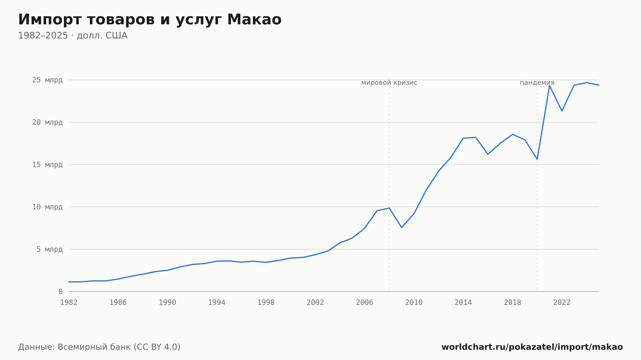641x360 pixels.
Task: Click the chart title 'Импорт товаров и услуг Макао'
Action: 150,20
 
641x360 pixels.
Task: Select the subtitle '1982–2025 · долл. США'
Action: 73,36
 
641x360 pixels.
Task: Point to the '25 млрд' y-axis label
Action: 47,80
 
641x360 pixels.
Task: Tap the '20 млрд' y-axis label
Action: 47,122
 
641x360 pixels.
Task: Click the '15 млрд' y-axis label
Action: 47,165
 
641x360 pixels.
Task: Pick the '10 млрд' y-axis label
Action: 47,207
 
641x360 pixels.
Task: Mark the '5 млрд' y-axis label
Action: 49,249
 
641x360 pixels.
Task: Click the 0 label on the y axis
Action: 61,291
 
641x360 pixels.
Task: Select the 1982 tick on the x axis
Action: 69,303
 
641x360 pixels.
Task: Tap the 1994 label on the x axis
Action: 217,303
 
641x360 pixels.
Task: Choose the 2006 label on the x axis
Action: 365,303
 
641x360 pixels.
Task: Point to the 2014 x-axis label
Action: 463,303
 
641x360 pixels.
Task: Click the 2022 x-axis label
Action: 562,303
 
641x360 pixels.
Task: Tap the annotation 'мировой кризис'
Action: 389,83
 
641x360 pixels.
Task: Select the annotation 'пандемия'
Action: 537,83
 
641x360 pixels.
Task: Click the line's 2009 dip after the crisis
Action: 402,227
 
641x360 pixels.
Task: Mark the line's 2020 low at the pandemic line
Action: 537,159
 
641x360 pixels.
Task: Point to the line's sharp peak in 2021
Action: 549,86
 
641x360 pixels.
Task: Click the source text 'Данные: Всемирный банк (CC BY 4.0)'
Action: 99,347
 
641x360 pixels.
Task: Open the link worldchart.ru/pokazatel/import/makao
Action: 532,347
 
